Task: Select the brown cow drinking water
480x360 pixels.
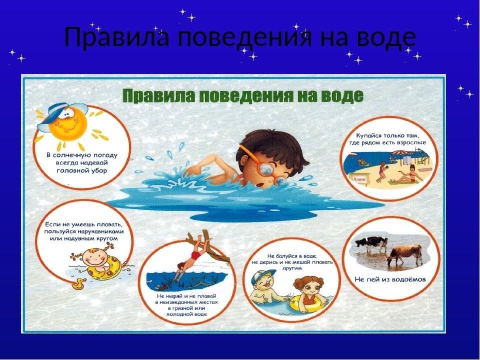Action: [404, 254]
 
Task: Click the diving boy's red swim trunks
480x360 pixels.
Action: [194, 254]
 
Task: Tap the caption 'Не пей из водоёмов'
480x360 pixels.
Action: [390, 279]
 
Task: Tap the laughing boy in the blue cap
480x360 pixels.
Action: [266, 288]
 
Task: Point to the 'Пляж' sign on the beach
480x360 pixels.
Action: [359, 179]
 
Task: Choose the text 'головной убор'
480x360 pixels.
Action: [81, 170]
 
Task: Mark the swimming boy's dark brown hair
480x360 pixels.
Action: [269, 147]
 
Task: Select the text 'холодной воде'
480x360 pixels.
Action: [186, 314]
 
